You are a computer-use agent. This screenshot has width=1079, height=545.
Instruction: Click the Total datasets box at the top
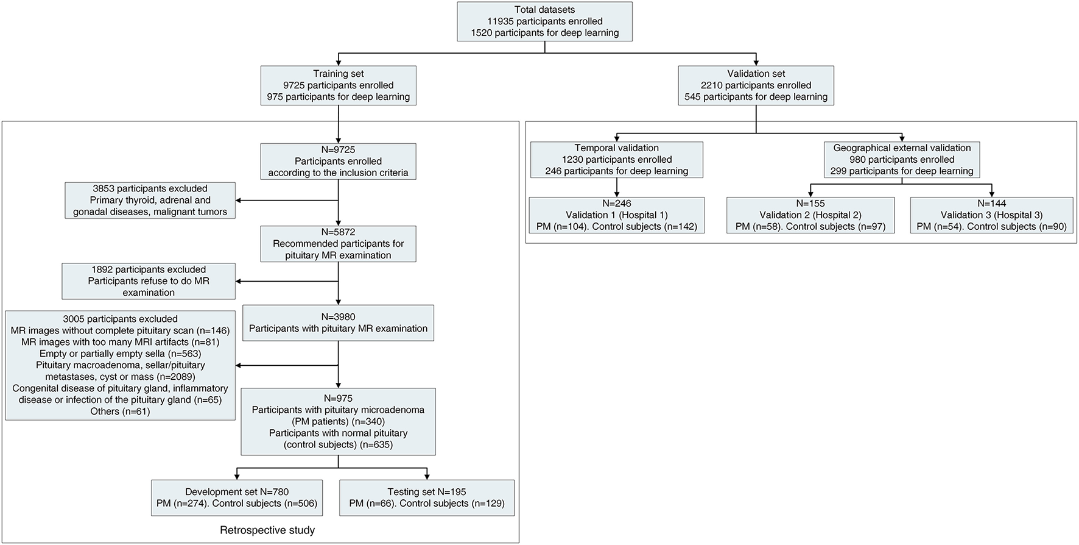point(544,21)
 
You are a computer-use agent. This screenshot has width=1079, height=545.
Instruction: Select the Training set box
point(338,85)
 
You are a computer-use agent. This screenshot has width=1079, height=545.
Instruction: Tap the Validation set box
point(756,85)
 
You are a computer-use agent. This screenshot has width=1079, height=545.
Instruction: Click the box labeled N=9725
point(338,161)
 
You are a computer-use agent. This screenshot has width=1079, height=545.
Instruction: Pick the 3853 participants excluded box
point(150,200)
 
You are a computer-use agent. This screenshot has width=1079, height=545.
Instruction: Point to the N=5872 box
point(338,243)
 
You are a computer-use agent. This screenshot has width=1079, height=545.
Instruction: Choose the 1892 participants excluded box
point(149,281)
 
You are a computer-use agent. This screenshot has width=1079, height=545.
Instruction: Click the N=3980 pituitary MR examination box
point(338,322)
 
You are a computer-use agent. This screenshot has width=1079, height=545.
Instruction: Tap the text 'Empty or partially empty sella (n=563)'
point(120,354)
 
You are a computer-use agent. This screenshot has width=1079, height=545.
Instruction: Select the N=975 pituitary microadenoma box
point(338,421)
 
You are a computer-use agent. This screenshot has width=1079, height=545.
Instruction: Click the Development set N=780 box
point(237,497)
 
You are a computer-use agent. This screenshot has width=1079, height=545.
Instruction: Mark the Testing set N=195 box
point(426,497)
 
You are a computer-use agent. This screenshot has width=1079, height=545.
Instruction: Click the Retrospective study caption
point(267,530)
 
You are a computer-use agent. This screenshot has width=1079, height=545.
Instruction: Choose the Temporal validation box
point(616,160)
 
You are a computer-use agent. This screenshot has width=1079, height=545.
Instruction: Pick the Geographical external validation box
point(902,160)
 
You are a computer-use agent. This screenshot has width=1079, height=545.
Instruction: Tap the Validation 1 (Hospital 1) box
point(616,215)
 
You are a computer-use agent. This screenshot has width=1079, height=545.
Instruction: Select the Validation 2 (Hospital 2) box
point(810,215)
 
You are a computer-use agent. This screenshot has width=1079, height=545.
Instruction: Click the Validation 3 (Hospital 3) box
point(991,215)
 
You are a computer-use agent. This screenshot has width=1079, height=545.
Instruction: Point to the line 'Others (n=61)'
point(120,411)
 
